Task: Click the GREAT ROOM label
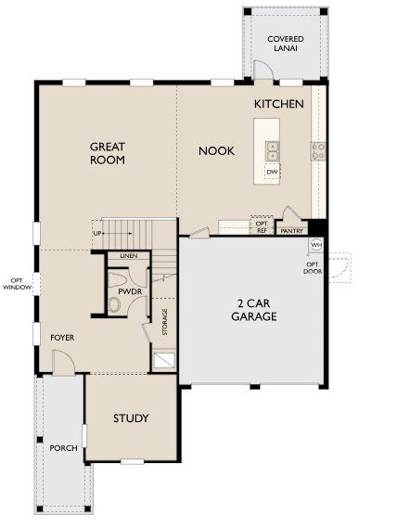108,153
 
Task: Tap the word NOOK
216,150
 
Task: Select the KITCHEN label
278,105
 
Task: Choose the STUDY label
131,418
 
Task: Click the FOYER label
62,338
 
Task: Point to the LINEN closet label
128,256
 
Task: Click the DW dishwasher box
273,172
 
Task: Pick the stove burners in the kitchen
317,150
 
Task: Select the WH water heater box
315,245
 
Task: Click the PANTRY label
291,231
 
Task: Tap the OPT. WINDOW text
16,285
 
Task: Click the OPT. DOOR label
313,267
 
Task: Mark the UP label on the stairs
96,233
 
